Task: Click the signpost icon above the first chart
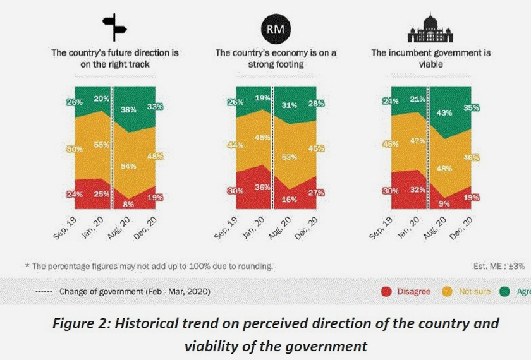[x=115, y=27]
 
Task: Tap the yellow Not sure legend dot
[x=446, y=291]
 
